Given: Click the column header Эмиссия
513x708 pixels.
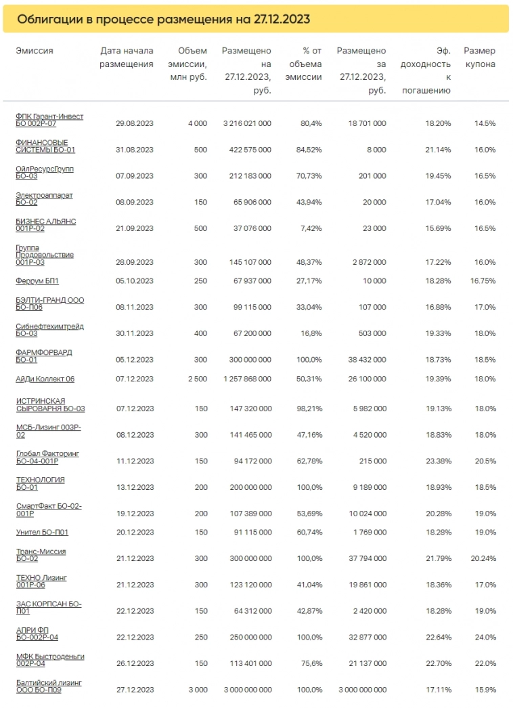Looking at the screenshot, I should tap(35, 51).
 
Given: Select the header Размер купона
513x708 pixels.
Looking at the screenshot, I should tap(479, 58).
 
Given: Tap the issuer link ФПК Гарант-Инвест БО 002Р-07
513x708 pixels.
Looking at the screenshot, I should tap(49, 120).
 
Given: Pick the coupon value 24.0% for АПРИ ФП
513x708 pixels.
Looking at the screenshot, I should tap(484, 637).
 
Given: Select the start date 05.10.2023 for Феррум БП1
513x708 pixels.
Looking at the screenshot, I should tap(135, 280).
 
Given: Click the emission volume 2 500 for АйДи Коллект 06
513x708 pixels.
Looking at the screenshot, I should tap(197, 379).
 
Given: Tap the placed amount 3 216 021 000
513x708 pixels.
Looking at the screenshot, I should tap(247, 123).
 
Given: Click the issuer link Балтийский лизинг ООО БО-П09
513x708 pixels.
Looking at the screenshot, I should tap(48, 686).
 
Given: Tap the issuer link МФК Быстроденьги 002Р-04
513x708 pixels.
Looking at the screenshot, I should tap(50, 660).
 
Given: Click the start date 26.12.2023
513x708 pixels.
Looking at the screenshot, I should tap(135, 663).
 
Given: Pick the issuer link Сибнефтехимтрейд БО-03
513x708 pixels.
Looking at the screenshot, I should tap(49, 330).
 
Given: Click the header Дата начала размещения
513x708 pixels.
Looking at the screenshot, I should tap(127, 58).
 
